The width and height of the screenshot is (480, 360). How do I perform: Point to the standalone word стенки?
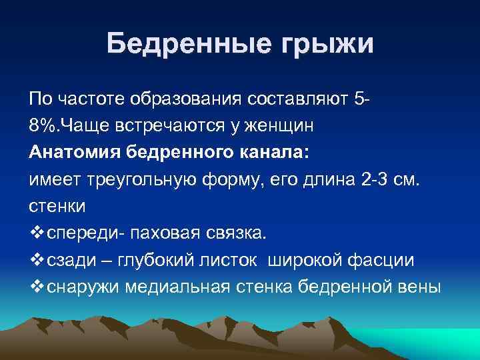(57, 206)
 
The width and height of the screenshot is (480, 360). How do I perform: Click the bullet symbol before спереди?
(36, 233)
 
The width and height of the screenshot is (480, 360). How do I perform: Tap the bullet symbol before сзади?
(36, 260)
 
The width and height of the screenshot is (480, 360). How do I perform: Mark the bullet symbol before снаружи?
(36, 287)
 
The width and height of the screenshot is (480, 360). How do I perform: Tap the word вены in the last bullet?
(420, 287)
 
